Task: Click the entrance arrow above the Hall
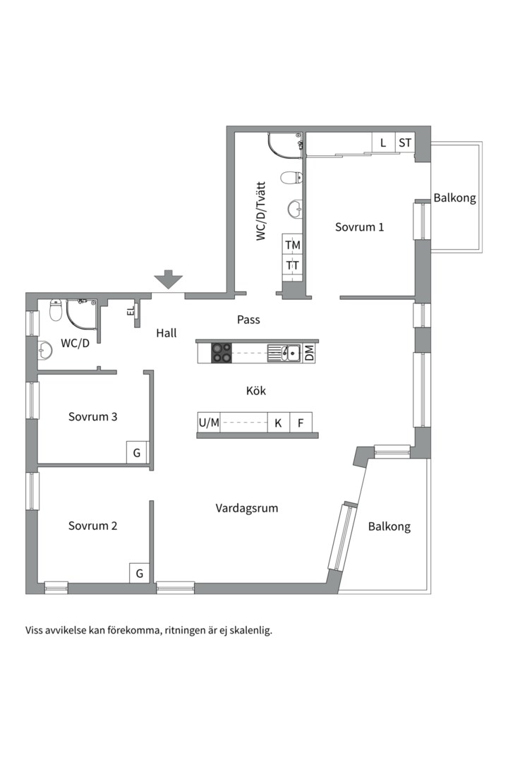(169, 279)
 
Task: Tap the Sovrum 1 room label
(359, 227)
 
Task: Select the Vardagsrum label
(247, 508)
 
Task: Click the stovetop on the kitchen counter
(221, 352)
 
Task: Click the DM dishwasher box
(309, 353)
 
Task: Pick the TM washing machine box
(293, 245)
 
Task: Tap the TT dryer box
(293, 266)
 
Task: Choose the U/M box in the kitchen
(209, 423)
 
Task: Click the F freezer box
(301, 423)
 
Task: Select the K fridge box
(279, 423)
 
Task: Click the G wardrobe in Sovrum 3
(137, 452)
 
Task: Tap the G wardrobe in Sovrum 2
(140, 574)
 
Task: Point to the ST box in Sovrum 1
(405, 143)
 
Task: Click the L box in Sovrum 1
(383, 143)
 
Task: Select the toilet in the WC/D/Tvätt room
(290, 177)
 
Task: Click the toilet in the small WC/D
(56, 310)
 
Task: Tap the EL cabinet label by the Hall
(131, 310)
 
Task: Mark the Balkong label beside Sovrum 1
(455, 198)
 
